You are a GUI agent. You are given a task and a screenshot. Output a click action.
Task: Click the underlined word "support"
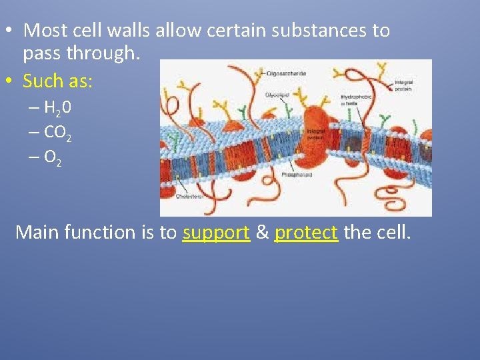pos(216,233)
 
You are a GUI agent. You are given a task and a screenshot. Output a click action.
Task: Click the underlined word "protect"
pos(306,233)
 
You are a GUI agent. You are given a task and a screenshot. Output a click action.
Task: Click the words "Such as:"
pos(58,81)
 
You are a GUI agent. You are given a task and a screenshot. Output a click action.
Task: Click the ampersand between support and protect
pos(262,233)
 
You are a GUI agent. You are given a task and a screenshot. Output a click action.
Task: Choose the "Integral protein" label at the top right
pos(404,84)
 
